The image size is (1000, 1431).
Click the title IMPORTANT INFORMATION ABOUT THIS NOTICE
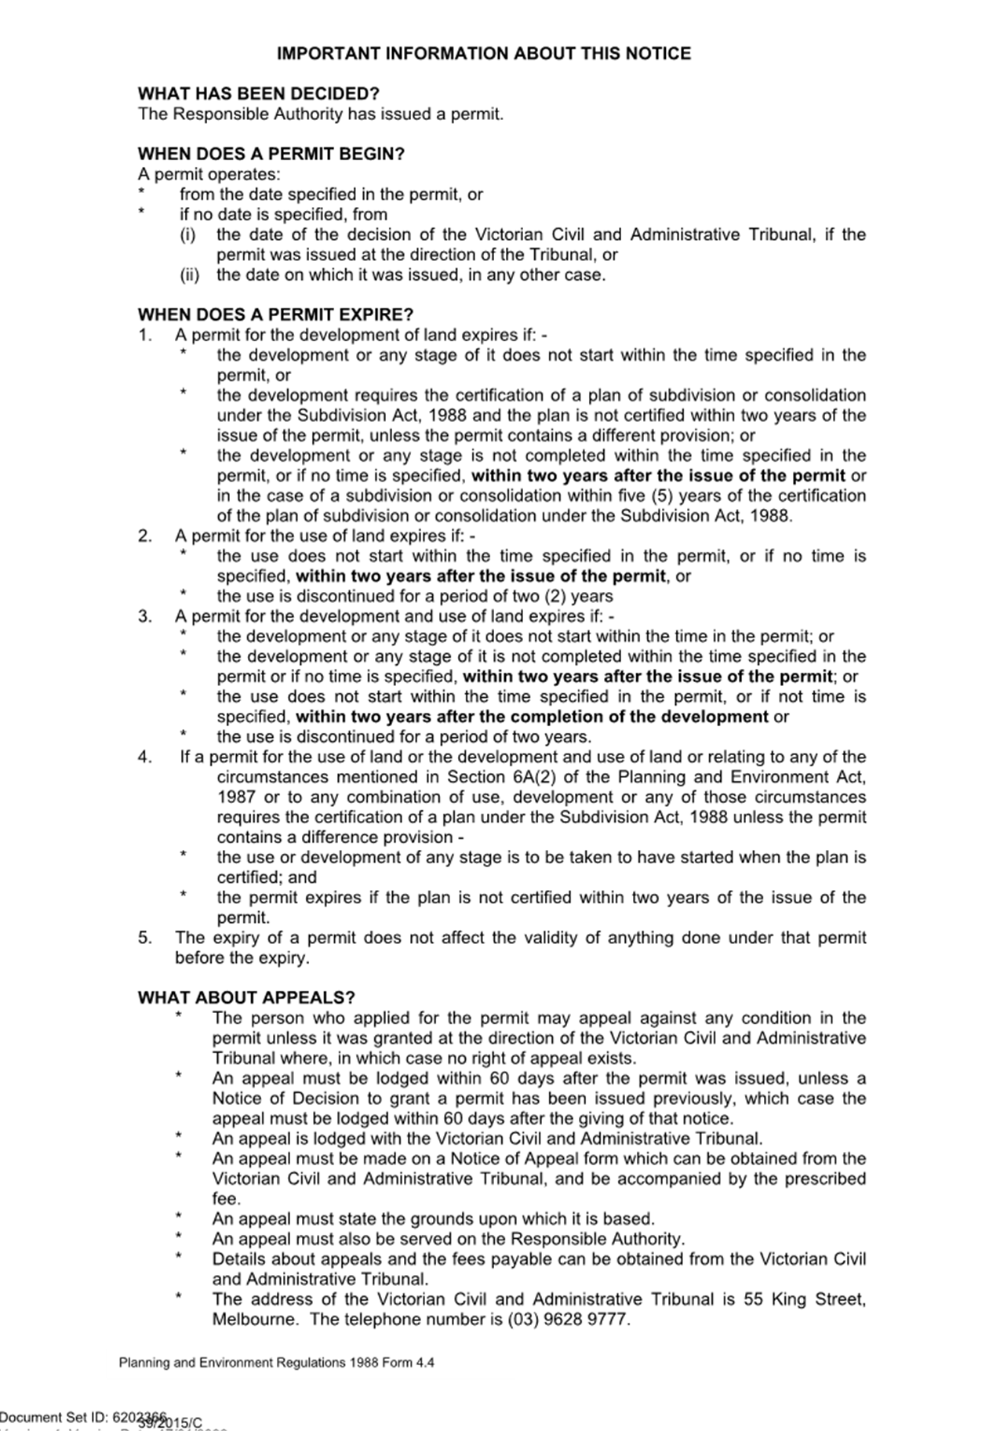(x=484, y=54)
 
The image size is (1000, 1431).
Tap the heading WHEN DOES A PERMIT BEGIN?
(x=271, y=154)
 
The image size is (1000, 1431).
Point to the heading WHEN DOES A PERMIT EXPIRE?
(x=275, y=315)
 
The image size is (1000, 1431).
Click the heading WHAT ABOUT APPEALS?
(x=246, y=997)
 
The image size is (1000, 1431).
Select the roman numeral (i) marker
(x=187, y=234)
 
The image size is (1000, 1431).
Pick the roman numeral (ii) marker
(x=189, y=275)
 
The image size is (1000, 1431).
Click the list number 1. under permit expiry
(x=144, y=336)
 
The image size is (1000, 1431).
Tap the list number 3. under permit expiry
(x=144, y=616)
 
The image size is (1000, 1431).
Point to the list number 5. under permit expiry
(x=144, y=938)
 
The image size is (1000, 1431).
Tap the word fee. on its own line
(x=226, y=1199)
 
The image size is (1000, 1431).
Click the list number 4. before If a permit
(x=144, y=757)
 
